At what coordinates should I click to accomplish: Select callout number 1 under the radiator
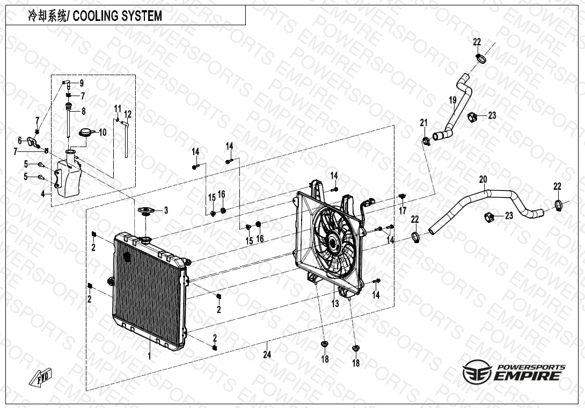pos(150,356)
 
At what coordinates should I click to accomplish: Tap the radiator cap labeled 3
pos(145,210)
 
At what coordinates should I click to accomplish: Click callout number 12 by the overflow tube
pos(128,114)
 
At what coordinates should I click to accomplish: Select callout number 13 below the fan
pos(335,304)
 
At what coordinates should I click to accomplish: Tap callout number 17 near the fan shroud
pos(403,210)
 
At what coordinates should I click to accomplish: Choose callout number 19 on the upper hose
pos(452,100)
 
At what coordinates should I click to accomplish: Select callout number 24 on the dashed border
pos(267,354)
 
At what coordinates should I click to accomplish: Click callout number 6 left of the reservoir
pos(20,140)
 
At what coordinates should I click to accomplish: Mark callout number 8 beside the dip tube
pos(83,112)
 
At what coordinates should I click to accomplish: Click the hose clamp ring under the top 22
pos(480,57)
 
